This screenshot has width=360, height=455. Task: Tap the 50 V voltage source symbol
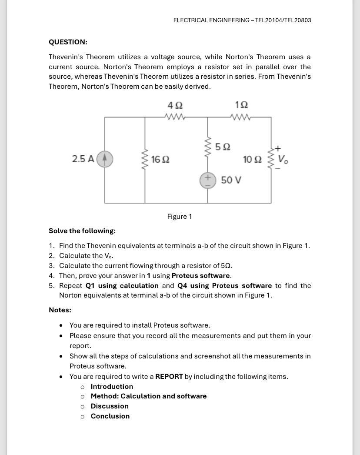click(x=207, y=180)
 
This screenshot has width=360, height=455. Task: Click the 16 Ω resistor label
click(x=160, y=160)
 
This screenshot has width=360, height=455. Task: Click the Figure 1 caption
click(x=180, y=216)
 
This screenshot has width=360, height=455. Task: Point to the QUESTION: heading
click(x=68, y=42)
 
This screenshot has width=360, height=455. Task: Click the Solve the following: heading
click(x=82, y=231)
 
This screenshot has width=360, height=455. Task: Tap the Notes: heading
click(x=60, y=310)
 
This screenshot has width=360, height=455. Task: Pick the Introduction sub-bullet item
click(x=112, y=386)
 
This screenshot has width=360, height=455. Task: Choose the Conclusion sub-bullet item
click(x=110, y=416)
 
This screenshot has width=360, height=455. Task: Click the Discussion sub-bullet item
click(x=110, y=406)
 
